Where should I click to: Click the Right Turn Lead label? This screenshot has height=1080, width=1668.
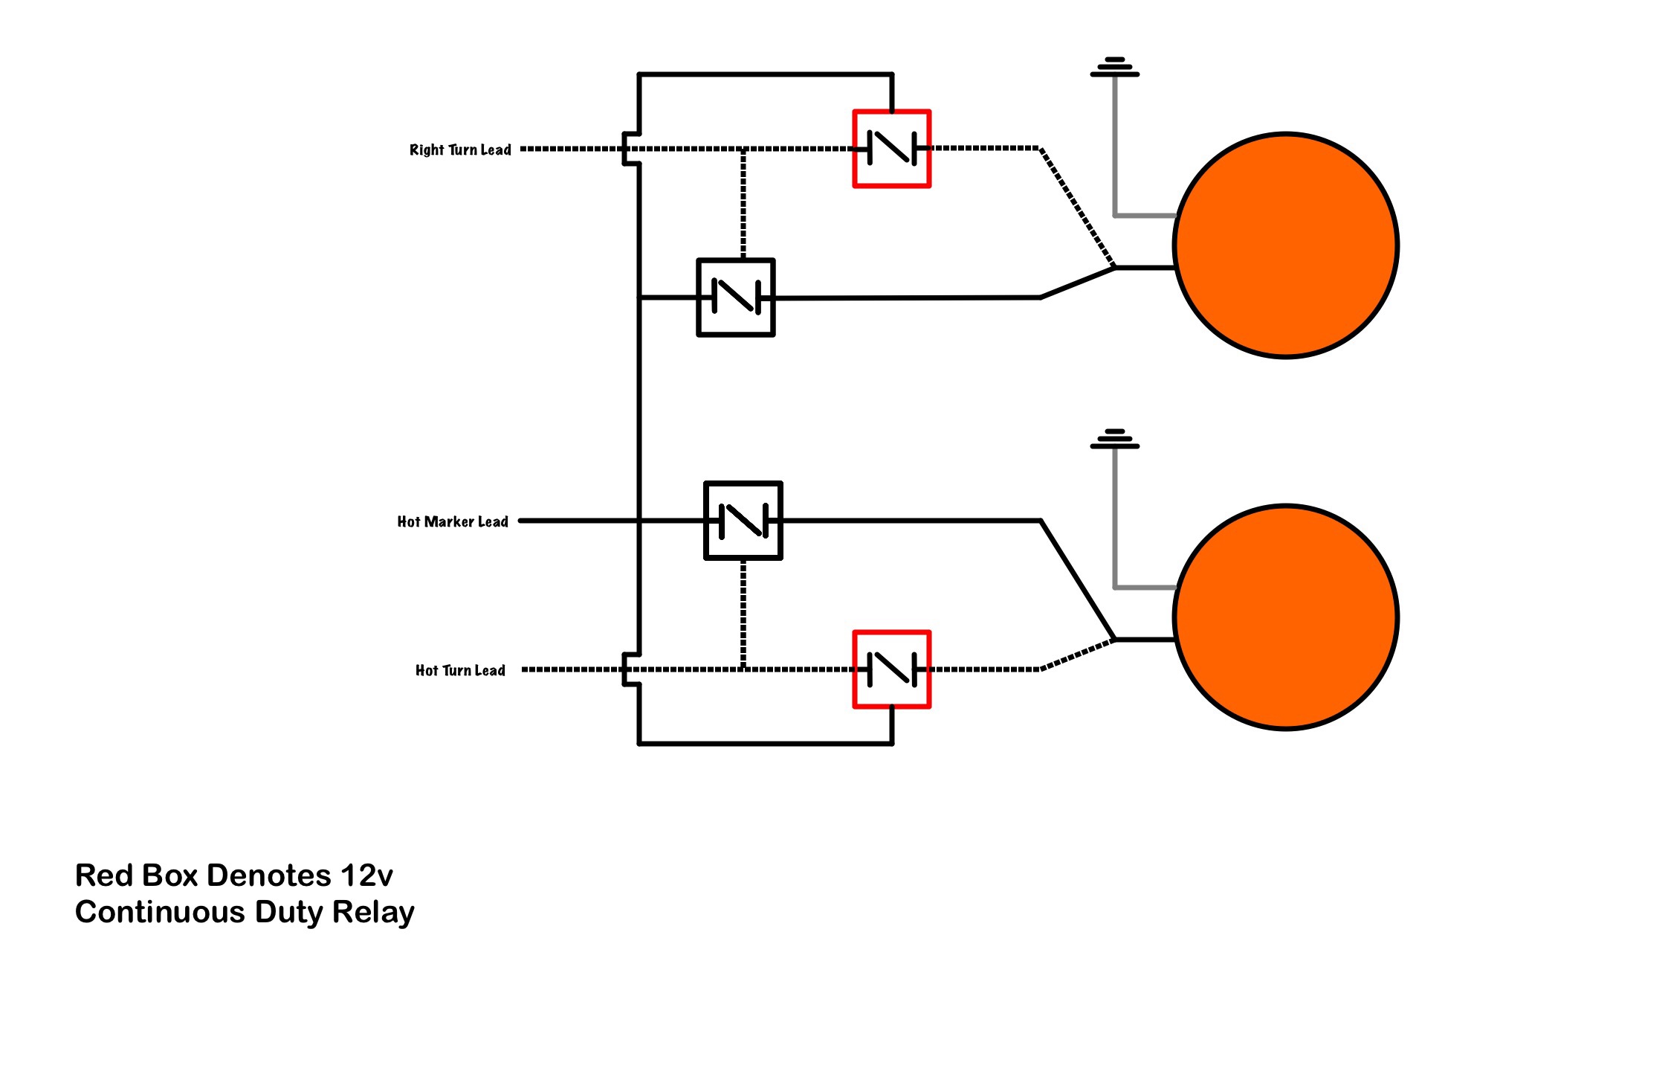tap(460, 150)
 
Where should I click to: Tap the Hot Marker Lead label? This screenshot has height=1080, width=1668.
tap(453, 521)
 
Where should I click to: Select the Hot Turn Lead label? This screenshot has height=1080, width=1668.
tap(460, 670)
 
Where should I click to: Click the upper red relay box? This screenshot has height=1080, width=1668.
tap(892, 149)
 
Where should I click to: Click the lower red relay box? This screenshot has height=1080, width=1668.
tap(892, 669)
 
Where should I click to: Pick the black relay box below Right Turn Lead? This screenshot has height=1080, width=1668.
tap(736, 298)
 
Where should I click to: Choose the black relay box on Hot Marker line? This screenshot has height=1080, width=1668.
tap(743, 521)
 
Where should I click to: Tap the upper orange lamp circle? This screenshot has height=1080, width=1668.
tap(1286, 245)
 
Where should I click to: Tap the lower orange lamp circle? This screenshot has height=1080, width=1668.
tap(1286, 617)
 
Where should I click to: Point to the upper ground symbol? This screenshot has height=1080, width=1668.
tap(1115, 67)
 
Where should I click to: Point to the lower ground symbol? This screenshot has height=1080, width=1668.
tap(1115, 439)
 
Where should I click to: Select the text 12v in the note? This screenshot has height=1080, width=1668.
tap(366, 875)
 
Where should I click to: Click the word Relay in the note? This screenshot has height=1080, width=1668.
tap(373, 913)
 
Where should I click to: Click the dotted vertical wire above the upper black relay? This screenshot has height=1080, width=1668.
tap(743, 205)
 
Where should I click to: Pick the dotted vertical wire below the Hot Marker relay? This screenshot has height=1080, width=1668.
tap(743, 614)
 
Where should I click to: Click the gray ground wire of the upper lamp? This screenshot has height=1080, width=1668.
tap(1115, 149)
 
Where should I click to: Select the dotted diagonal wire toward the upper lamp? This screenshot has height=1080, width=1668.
tap(1078, 208)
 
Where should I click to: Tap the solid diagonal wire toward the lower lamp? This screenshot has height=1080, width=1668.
tap(1078, 580)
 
